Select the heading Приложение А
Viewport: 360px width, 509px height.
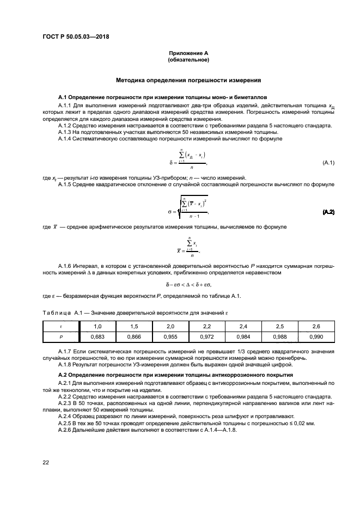coord(188,53)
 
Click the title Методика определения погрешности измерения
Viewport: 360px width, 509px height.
coord(188,80)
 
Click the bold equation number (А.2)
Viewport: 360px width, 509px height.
coord(328,211)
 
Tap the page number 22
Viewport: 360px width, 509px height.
coord(46,462)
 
